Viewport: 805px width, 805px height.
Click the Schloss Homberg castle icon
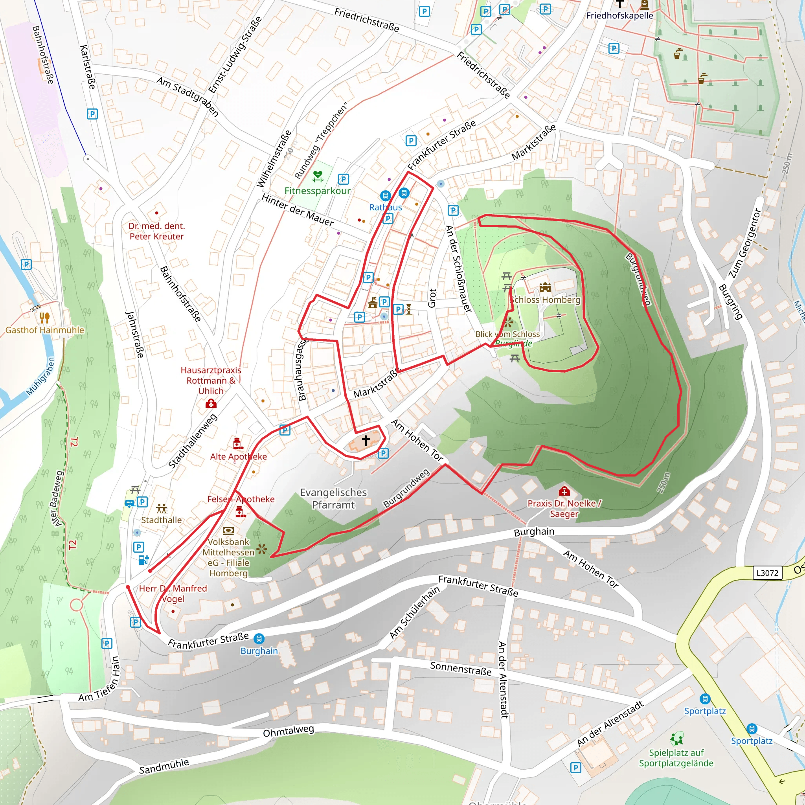coord(545,287)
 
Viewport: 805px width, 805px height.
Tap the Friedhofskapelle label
coord(619,16)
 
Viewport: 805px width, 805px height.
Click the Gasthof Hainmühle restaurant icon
coord(44,318)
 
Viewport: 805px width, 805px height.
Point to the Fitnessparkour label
coord(317,191)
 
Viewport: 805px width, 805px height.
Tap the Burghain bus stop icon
coord(259,638)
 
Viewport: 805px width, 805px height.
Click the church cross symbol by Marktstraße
coord(366,440)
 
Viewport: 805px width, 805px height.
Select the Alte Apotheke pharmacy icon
coord(238,443)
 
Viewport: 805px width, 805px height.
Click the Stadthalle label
coord(161,520)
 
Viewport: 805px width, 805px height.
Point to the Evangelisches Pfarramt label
coord(333,498)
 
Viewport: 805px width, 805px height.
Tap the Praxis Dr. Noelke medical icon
coord(564,491)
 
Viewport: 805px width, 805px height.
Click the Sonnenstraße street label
coord(460,668)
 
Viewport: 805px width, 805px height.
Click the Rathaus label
coord(386,207)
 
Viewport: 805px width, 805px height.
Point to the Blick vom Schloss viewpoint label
coord(507,334)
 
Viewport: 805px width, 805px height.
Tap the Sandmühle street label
coord(164,766)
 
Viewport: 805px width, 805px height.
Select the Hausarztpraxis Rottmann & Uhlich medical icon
coord(211,403)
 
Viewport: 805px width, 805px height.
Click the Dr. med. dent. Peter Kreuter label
coord(156,231)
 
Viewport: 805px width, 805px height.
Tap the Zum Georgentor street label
coord(744,243)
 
